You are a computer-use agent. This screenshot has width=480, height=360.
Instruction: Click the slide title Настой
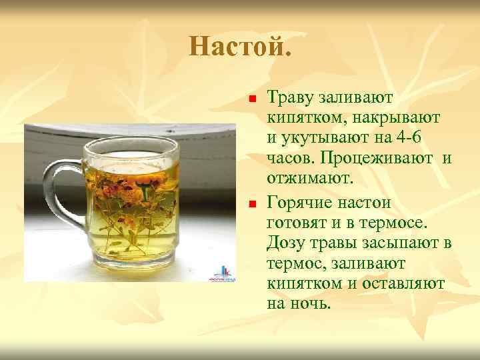tap(240, 47)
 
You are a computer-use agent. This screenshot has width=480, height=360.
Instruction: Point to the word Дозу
tap(287, 243)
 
